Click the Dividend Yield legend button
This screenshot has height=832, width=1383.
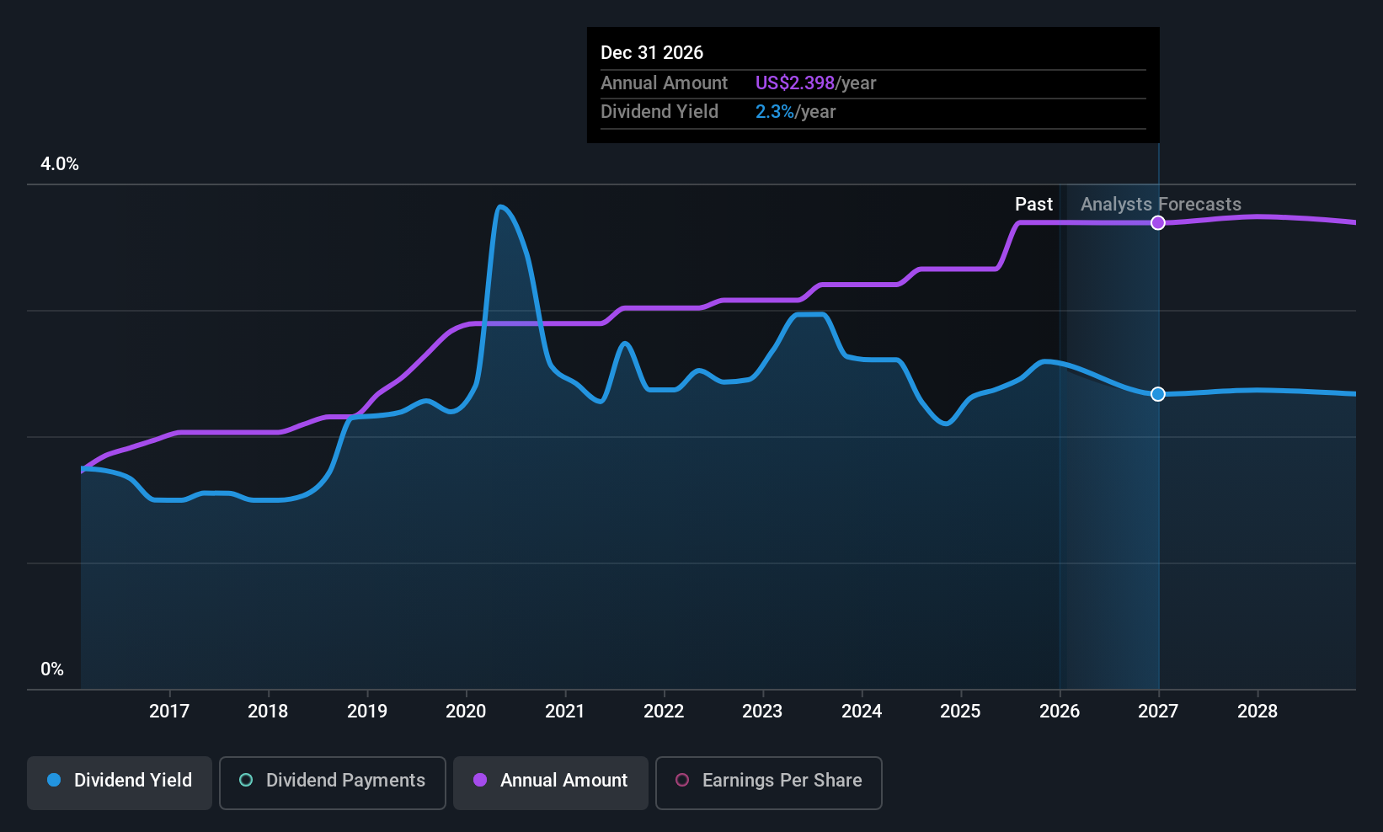(119, 782)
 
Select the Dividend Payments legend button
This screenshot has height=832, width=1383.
(332, 782)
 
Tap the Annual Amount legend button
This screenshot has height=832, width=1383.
(551, 782)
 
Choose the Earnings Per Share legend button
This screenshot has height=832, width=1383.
(769, 782)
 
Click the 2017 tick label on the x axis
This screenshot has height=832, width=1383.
(169, 711)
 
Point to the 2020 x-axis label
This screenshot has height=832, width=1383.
(466, 711)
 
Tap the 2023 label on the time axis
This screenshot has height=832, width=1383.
(762, 711)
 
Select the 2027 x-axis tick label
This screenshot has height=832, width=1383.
(1158, 711)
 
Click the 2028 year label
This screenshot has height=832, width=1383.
(1258, 711)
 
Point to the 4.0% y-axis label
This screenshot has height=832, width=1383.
(60, 164)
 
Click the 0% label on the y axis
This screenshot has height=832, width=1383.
(52, 669)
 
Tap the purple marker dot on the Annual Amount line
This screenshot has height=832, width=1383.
(1158, 223)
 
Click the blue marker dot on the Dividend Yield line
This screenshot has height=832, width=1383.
(1158, 394)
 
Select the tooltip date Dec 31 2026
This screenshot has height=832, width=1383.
(652, 52)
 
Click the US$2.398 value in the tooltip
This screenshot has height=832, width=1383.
(795, 83)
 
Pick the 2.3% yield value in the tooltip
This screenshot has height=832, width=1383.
(775, 112)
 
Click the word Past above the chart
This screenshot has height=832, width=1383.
(1034, 205)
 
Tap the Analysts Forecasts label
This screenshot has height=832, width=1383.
(1161, 205)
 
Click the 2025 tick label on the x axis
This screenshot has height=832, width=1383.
(961, 711)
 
